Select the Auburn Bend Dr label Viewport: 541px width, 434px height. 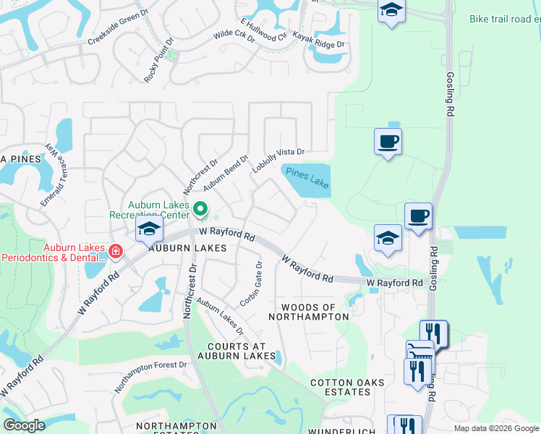(226, 172)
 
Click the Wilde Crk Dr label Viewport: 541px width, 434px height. (234, 35)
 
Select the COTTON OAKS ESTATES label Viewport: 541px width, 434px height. (340, 387)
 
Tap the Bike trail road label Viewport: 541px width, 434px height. (504, 19)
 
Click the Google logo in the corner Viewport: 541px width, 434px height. (24, 425)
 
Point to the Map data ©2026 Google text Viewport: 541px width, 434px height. (495, 428)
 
